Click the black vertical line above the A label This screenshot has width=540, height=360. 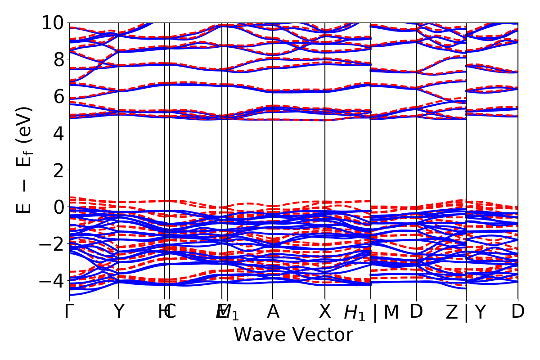coord(273,180)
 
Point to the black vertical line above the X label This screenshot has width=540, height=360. coord(325,180)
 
